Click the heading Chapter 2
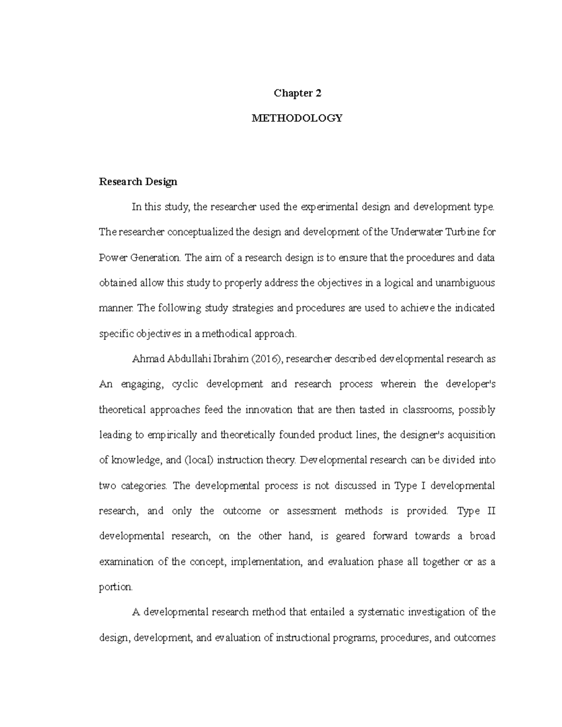[297, 93]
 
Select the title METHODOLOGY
[297, 118]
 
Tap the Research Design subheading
[138, 182]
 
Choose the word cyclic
[185, 384]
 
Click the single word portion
[116, 587]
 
